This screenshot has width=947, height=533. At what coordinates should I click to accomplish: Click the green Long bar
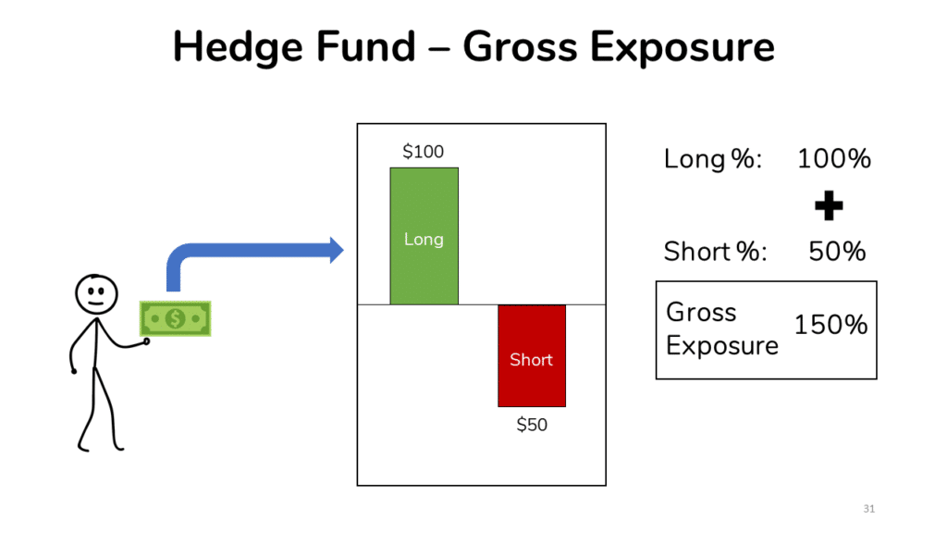(424, 236)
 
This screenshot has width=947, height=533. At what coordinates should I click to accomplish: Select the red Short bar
(532, 356)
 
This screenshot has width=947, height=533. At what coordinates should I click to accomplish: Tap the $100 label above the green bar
(424, 152)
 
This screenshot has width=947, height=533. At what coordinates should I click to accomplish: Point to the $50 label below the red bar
(532, 425)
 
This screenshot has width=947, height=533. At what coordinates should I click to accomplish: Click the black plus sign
(829, 205)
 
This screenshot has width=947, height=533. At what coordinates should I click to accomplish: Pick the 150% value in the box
(830, 325)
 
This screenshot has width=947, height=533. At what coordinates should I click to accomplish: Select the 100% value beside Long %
(834, 159)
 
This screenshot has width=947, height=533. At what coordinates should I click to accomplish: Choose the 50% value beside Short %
(837, 252)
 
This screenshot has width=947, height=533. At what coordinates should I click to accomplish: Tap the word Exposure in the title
(682, 48)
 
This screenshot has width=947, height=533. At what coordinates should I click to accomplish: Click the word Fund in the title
(365, 46)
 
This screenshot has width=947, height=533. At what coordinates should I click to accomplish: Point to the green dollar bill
(175, 318)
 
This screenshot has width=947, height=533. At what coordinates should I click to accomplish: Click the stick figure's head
(96, 294)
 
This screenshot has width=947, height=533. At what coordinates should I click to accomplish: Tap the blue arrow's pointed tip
(343, 250)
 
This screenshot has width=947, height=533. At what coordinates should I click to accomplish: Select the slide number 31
(869, 509)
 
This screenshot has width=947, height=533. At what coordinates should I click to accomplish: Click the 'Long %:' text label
(713, 159)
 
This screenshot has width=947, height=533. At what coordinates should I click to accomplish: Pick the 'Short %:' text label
(715, 252)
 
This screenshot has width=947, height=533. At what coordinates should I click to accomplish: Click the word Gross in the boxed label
(701, 313)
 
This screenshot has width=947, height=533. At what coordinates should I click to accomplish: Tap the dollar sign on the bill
(175, 318)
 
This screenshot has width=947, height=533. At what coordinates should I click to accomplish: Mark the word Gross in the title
(520, 46)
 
